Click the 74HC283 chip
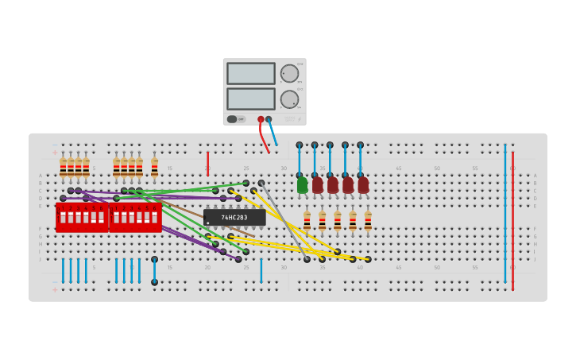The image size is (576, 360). [x=234, y=217]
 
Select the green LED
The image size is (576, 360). [x=302, y=185]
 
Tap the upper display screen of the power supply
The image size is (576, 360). [x=251, y=74]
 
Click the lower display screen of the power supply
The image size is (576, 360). [x=251, y=99]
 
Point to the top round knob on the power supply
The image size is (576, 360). [x=289, y=74]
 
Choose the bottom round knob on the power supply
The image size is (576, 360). [x=289, y=99]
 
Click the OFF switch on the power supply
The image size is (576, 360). [x=233, y=119]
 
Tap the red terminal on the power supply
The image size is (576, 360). [x=261, y=119]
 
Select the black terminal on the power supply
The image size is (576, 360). [x=269, y=119]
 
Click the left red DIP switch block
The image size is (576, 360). [x=82, y=217]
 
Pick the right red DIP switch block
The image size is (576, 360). [x=135, y=217]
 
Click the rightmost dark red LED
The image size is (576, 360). [x=363, y=185]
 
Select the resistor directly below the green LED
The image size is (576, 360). [x=307, y=220]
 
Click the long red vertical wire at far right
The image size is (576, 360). [x=512, y=215]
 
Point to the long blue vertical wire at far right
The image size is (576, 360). [x=504, y=215]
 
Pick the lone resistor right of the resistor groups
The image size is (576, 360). [x=154, y=168]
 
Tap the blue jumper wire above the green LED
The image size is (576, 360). [x=300, y=160]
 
